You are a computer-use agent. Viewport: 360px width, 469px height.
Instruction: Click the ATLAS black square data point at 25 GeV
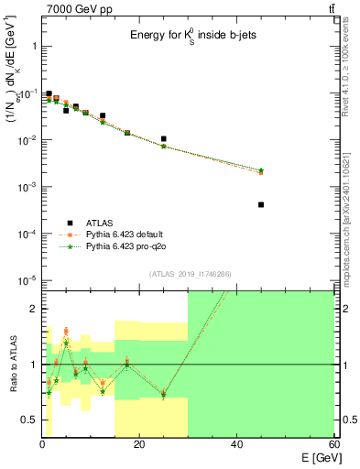coord(163,139)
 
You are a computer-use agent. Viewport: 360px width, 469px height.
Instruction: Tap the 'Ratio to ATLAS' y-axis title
coord(13,366)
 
